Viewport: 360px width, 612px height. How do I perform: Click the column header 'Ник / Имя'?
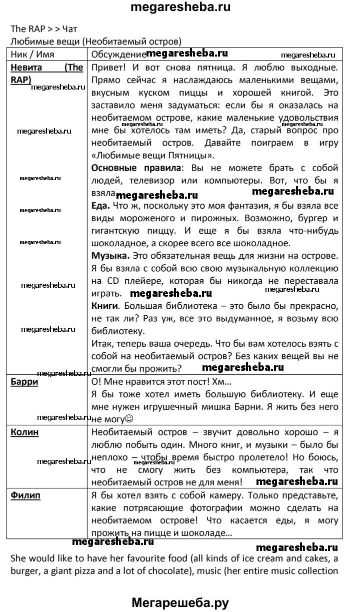point(32,54)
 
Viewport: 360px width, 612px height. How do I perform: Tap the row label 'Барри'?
point(24,382)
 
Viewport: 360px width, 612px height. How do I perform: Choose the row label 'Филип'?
point(25,495)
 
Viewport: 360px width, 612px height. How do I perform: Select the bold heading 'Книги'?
point(105,305)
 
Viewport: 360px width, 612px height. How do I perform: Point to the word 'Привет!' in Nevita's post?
point(109,67)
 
